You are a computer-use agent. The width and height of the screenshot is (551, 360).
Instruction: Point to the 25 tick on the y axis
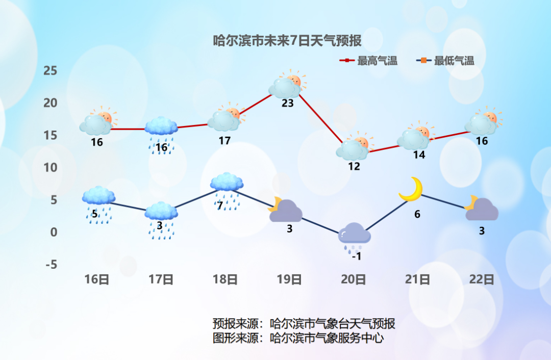tap(50, 70)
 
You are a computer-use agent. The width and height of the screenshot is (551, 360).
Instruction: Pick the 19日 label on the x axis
tap(289, 279)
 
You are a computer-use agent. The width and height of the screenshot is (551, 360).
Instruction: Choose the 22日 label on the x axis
tap(482, 279)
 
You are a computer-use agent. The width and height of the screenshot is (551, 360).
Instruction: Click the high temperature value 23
tap(288, 103)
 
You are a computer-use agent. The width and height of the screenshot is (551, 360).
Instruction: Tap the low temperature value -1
tap(356, 256)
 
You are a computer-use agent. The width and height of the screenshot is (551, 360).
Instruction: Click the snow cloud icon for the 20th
tap(355, 236)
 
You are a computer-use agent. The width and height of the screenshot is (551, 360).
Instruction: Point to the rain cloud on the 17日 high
tap(161, 130)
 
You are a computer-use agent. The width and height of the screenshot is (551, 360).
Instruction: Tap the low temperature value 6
tap(417, 215)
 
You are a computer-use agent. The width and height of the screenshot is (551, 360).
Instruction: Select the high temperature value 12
tap(354, 166)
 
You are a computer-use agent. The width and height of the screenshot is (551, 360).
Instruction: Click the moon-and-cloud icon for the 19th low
tap(285, 210)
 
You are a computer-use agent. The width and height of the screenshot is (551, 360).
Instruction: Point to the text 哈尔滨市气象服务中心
tap(327, 338)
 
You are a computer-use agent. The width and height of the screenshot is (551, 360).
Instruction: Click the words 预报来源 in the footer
tap(235, 324)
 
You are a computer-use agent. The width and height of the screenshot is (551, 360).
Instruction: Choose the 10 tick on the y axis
tap(50, 167)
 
